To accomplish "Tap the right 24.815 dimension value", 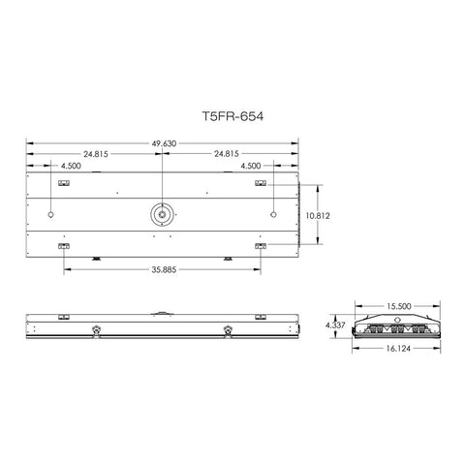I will click(x=223, y=153).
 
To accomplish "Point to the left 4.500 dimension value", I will click(x=71, y=166).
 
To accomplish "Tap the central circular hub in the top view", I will click(x=162, y=213).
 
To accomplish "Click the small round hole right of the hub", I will click(x=274, y=213).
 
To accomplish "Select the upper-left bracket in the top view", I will click(x=64, y=182).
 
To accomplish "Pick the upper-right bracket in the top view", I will click(x=260, y=182).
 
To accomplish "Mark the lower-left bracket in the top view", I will click(x=64, y=246).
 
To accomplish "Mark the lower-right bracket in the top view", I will click(x=260, y=246).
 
